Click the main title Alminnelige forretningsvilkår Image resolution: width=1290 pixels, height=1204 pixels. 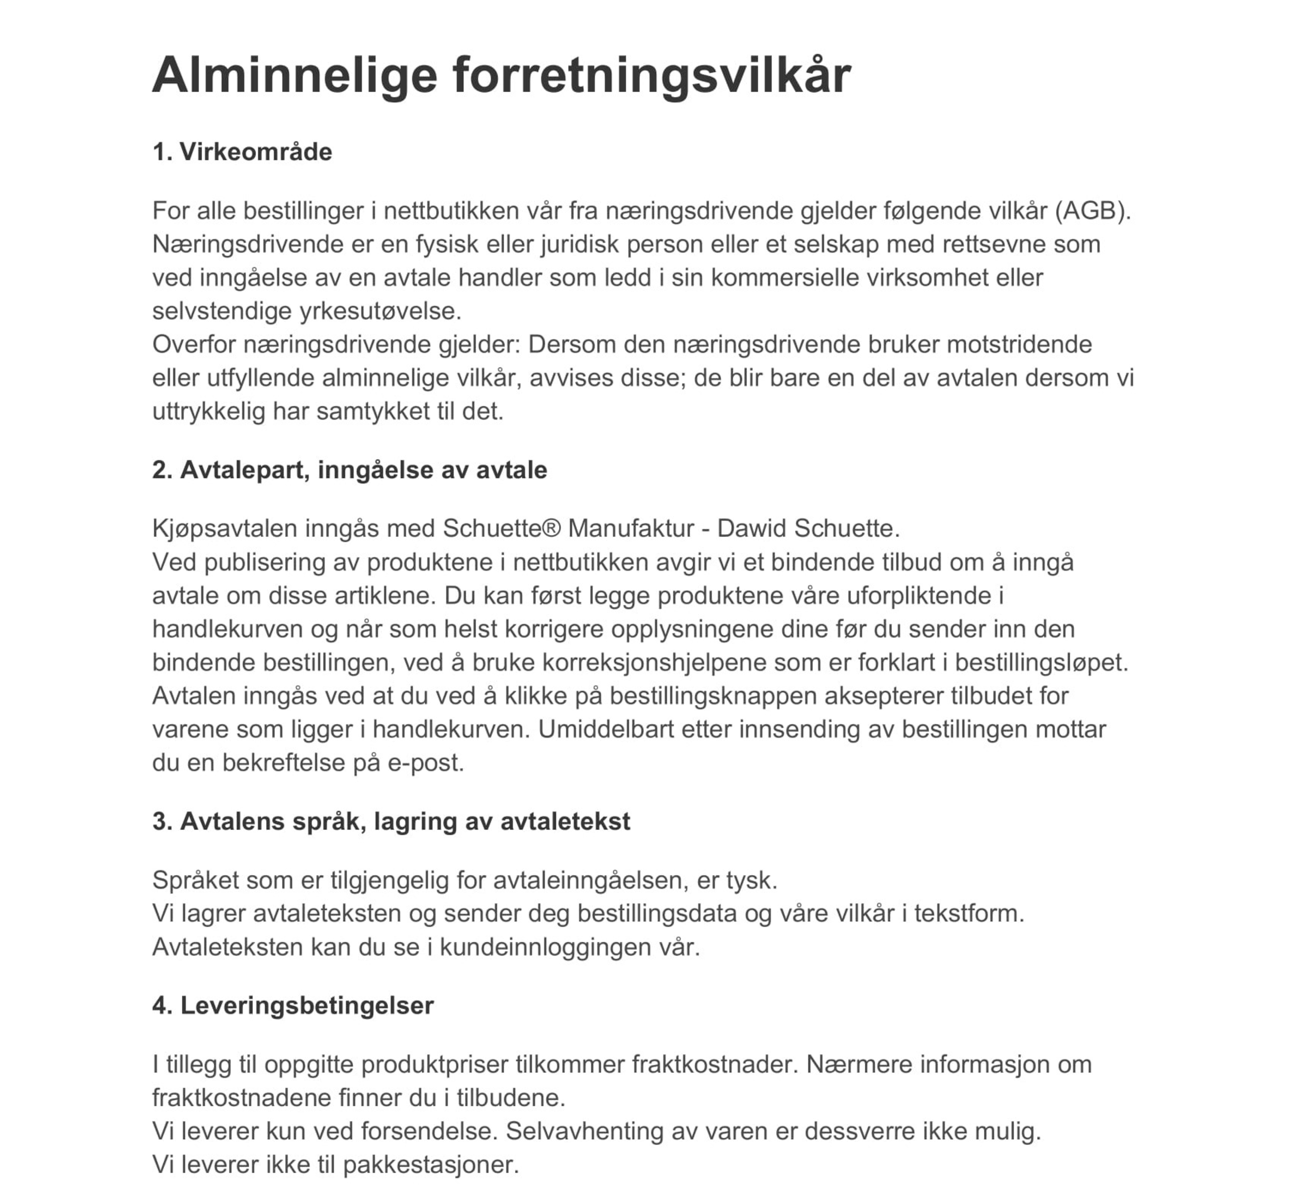(x=501, y=75)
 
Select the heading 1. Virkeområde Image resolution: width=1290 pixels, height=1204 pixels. (x=242, y=152)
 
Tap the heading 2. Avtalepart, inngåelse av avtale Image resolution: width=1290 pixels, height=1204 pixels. (x=350, y=470)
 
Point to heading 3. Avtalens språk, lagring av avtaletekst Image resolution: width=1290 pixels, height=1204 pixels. (x=391, y=821)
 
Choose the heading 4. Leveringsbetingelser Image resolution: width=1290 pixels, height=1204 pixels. (x=293, y=1005)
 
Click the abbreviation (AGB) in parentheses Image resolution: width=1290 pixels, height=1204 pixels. (x=1092, y=211)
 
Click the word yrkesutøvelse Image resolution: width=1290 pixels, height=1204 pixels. (x=380, y=311)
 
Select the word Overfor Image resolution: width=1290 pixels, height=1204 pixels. (x=194, y=344)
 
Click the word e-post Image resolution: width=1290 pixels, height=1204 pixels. (x=425, y=763)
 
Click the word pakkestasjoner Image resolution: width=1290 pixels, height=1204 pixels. (x=431, y=1165)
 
